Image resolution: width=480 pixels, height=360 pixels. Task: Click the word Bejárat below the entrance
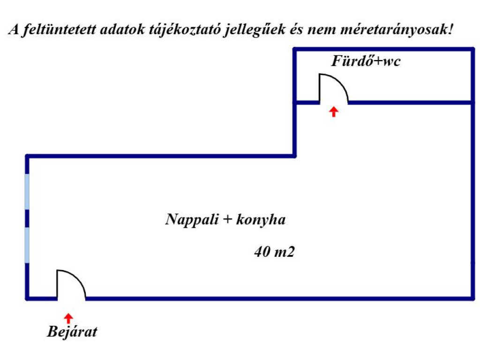tap(72, 332)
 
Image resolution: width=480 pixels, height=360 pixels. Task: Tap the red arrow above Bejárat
tap(68, 318)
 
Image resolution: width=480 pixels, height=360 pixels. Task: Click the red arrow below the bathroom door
tap(333, 111)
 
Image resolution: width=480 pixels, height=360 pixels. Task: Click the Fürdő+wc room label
tap(366, 61)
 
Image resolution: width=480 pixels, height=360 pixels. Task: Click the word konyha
tap(261, 219)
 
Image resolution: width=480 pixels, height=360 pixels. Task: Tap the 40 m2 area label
tap(274, 252)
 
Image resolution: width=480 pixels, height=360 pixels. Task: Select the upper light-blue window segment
tap(27, 191)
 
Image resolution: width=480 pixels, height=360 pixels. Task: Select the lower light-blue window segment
tap(27, 245)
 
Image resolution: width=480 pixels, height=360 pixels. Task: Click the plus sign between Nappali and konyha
tap(227, 220)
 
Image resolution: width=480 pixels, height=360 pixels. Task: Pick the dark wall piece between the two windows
tap(27, 218)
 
